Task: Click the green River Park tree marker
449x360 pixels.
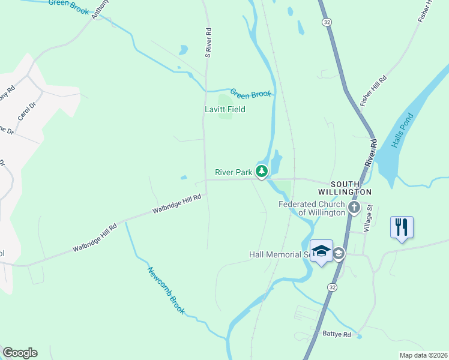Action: [262, 172]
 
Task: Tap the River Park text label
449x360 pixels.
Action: [234, 172]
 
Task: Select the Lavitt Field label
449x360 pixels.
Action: [225, 110]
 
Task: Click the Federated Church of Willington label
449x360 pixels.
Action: [312, 208]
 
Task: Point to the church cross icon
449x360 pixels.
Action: [354, 208]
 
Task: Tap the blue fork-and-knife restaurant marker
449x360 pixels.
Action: [402, 227]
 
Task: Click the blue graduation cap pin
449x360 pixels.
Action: [321, 251]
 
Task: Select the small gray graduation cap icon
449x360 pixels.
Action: [339, 254]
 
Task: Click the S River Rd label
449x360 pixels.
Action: [208, 43]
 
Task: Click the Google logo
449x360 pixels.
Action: [20, 353]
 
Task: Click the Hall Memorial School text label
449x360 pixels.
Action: [283, 254]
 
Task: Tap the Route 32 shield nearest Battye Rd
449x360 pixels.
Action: [332, 288]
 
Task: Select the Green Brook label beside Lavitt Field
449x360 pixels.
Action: [251, 94]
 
